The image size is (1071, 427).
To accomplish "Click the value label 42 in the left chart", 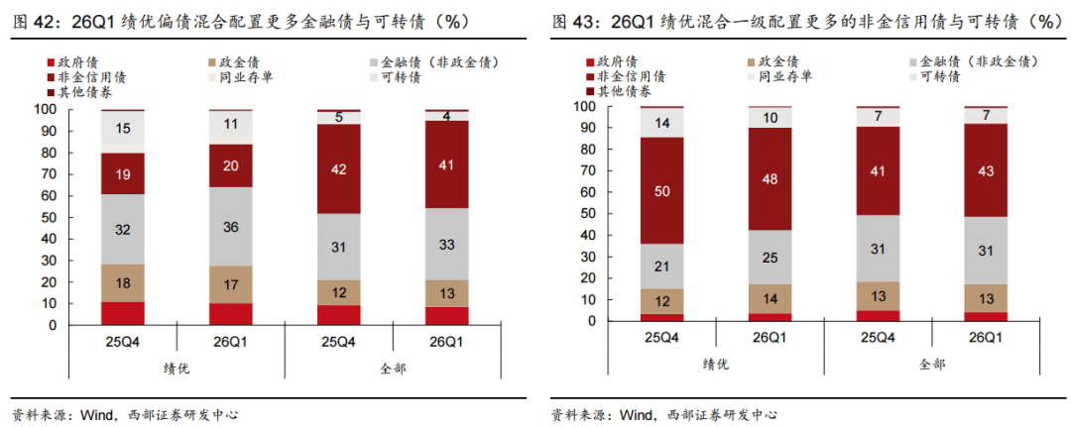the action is click(339, 169).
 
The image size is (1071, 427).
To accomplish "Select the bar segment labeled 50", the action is click(662, 191).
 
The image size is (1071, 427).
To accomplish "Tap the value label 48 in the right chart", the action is click(771, 179).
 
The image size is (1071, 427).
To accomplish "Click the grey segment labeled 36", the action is click(231, 227).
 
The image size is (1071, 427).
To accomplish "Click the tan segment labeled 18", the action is click(122, 283).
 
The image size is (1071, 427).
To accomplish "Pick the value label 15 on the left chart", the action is click(123, 128).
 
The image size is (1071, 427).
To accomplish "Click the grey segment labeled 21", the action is click(662, 267).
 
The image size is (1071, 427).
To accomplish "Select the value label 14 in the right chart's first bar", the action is click(662, 124).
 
